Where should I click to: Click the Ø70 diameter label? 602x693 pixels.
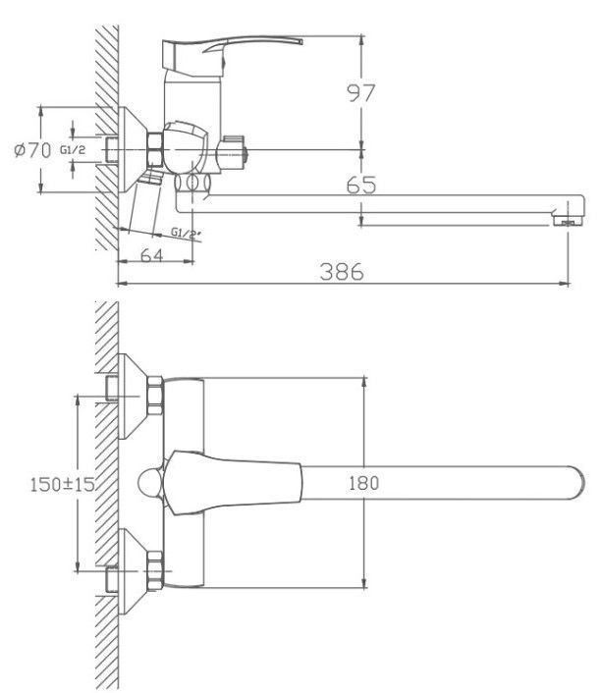tap(31, 150)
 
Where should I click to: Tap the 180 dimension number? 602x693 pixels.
tap(363, 482)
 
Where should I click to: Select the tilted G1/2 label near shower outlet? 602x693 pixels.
tap(185, 234)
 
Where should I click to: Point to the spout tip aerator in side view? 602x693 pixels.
tap(563, 219)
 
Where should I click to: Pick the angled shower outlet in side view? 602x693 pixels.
tap(147, 204)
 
